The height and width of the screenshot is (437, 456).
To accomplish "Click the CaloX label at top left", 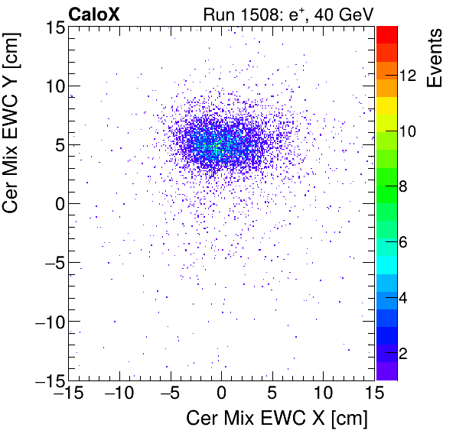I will coord(95,14).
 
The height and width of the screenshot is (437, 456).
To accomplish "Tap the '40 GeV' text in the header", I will coord(342,14).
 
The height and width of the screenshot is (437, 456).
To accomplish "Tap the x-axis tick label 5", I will coord(272,394).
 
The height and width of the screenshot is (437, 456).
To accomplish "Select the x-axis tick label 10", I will coord(323,394).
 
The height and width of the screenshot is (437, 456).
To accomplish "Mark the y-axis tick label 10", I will coord(53,86).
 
